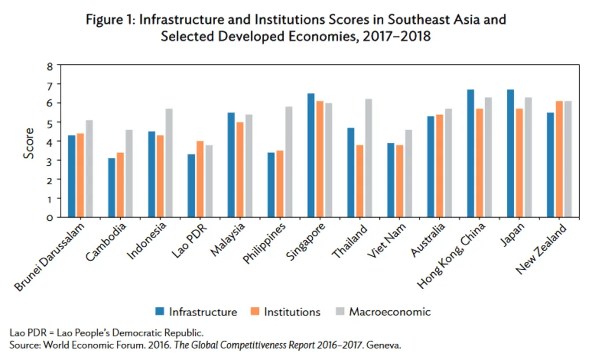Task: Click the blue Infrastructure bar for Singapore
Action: [311, 155]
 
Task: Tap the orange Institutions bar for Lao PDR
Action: [200, 179]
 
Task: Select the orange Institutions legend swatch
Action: [254, 312]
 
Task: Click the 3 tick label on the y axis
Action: [50, 161]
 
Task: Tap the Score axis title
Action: [28, 143]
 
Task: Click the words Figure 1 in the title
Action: [109, 20]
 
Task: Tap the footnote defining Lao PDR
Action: [106, 333]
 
